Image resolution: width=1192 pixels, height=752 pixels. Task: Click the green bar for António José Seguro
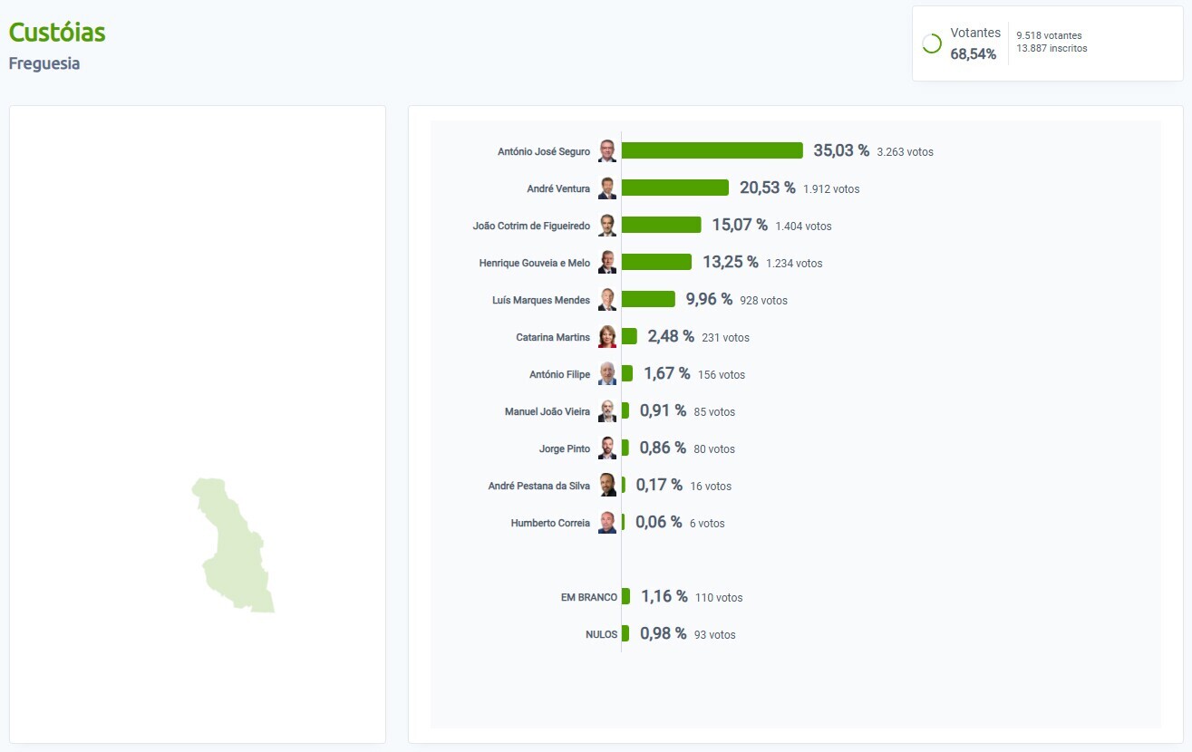coord(712,150)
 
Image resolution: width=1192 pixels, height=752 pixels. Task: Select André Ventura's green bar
coord(674,188)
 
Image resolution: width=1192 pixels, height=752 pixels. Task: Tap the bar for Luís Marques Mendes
coord(648,299)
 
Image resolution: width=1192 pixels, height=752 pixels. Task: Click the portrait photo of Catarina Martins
coord(607,337)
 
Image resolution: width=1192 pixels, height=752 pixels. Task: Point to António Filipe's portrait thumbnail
coord(607,374)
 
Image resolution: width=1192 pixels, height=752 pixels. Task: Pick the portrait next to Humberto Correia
coord(607,523)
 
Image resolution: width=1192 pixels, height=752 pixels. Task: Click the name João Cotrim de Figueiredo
coord(531,226)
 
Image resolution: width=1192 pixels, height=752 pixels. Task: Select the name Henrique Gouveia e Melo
coord(534,263)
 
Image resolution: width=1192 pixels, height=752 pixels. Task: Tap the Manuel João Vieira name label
coord(547,411)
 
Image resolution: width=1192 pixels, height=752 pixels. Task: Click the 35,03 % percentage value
coord(840,150)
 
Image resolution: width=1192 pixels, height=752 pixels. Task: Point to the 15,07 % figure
coord(739,225)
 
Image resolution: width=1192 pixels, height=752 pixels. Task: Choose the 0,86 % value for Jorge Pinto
coord(663,448)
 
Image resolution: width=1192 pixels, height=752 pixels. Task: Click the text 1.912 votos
coord(831,189)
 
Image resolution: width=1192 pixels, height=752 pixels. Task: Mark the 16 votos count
coord(711,487)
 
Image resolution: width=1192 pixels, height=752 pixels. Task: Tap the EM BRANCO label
coord(589,597)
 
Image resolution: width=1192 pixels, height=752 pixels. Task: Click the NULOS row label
coord(601,634)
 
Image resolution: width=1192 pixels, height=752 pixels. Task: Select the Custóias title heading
coord(57,33)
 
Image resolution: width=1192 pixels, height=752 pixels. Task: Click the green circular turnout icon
coord(932,43)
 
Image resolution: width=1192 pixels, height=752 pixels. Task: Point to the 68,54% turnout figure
coord(973,54)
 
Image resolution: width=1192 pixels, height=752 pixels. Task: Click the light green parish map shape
coord(234,544)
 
